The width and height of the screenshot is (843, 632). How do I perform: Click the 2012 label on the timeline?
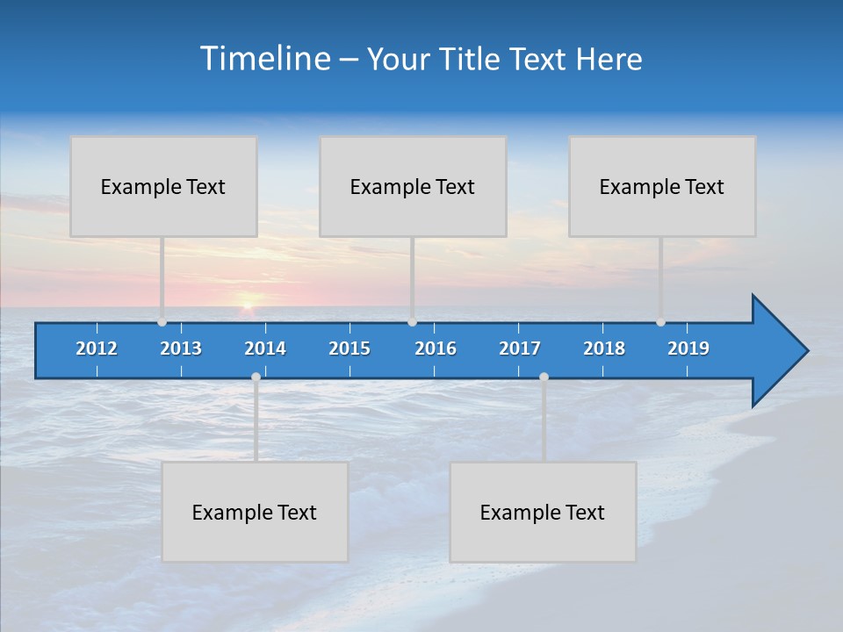(x=97, y=348)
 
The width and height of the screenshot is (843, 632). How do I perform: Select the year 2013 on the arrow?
(x=181, y=348)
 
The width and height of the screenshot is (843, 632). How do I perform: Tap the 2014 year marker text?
(x=265, y=348)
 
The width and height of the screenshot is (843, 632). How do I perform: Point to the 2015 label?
(x=349, y=348)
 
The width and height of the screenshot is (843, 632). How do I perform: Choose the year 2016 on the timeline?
(x=436, y=348)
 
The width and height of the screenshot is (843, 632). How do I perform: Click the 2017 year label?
(x=520, y=348)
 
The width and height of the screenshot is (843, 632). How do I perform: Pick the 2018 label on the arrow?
(x=604, y=348)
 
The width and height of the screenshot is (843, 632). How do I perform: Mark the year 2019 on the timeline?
(x=688, y=348)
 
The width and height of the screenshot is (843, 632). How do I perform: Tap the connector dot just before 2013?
(x=162, y=322)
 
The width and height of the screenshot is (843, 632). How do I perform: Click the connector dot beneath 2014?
(x=256, y=377)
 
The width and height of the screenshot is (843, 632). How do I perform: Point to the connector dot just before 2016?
(x=412, y=322)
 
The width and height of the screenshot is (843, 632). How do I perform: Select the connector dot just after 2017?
(x=544, y=377)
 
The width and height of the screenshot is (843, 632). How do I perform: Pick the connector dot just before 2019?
(x=660, y=322)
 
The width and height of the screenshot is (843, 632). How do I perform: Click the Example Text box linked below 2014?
(x=255, y=512)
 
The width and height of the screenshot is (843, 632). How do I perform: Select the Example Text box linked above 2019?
(x=661, y=186)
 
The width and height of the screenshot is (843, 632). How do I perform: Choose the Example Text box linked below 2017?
(x=542, y=512)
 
